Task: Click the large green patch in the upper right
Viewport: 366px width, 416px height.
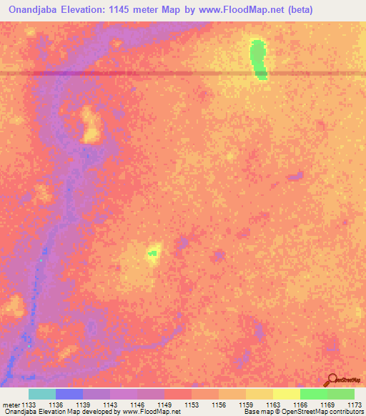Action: tap(257, 59)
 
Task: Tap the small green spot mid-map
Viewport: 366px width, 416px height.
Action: tap(152, 252)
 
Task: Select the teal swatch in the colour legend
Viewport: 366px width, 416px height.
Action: tap(42, 394)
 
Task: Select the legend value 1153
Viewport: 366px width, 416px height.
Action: tap(192, 405)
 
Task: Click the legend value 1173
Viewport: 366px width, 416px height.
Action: tap(354, 405)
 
